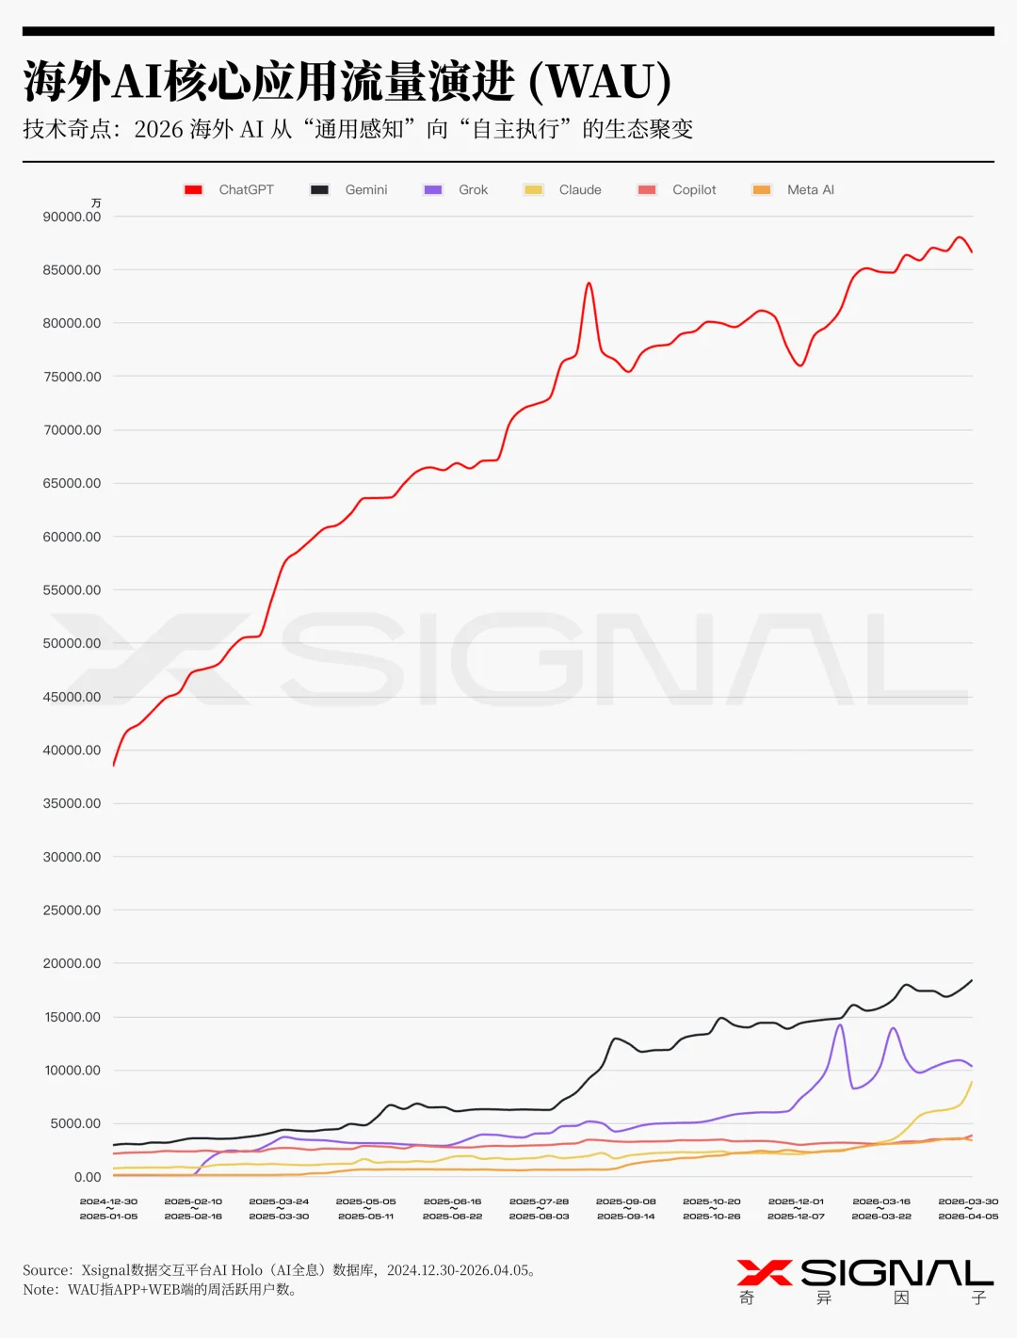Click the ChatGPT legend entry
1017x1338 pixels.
[230, 189]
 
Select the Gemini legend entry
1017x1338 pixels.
[349, 189]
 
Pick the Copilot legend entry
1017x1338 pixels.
[677, 189]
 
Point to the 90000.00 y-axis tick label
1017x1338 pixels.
[72, 217]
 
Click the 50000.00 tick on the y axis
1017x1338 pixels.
[72, 643]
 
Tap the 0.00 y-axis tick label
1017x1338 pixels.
[88, 1177]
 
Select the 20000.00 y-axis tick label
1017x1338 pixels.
[72, 963]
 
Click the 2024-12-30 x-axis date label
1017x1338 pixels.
[108, 1201]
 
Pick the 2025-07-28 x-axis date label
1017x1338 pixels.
[539, 1201]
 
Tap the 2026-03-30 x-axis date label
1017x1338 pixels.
[968, 1201]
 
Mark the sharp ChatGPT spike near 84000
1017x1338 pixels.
[589, 283]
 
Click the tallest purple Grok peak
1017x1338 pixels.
[840, 1025]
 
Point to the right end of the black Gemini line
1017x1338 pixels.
[971, 981]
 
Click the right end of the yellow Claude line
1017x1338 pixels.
[971, 1083]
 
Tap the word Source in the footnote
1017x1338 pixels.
[46, 1270]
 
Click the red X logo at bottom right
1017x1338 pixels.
[764, 1273]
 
